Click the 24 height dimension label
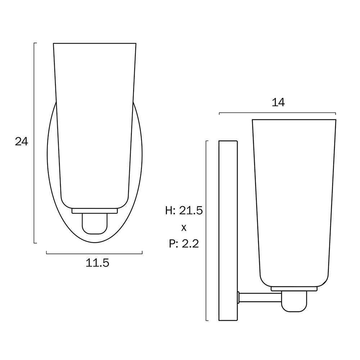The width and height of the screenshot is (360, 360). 22,141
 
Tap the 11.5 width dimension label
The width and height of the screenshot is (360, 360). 97,263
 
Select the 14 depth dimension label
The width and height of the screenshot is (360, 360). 278,102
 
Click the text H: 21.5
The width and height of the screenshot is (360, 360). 184,211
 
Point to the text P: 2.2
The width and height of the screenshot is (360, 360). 184,244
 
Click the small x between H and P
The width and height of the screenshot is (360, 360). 184,228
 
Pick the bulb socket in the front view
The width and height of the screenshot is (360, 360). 95,224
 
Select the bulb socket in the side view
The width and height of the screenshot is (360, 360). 294,301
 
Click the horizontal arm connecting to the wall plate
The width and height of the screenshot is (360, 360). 260,298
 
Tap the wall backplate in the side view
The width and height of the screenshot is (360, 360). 228,230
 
